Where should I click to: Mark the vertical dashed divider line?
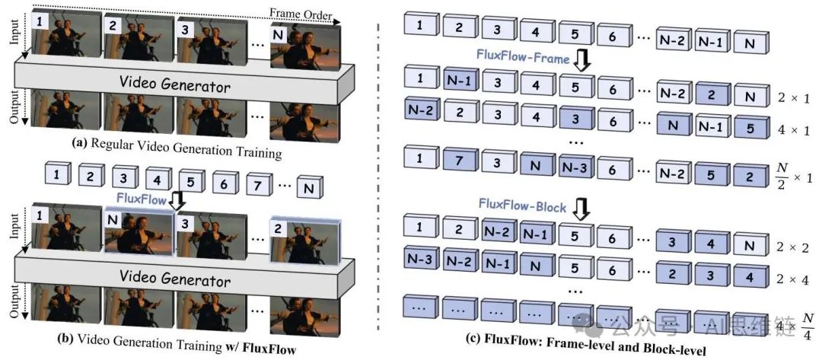click(x=378, y=183)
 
